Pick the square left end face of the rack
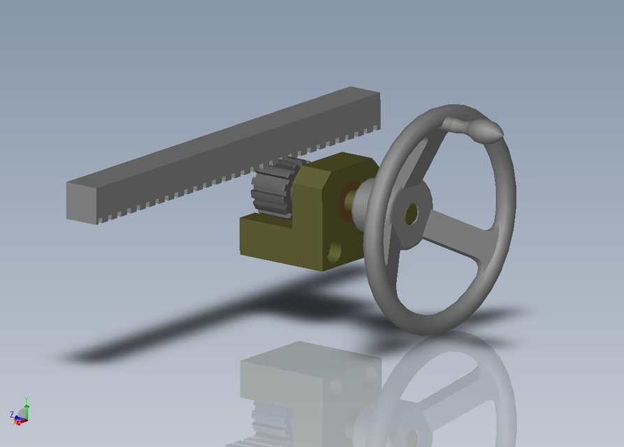pyautogui.click(x=82, y=203)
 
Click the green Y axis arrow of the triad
pyautogui.click(x=26, y=411)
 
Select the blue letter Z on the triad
pyautogui.click(x=12, y=415)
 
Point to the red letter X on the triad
pyautogui.click(x=16, y=423)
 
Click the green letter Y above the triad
pyautogui.click(x=26, y=400)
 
